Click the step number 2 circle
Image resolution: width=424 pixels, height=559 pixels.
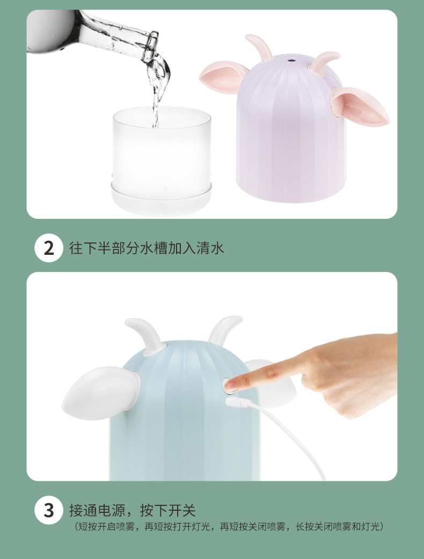(49, 248)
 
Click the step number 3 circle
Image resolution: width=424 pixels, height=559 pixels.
(49, 510)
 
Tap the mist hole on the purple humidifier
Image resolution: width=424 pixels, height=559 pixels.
(291, 60)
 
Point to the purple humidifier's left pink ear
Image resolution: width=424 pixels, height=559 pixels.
(223, 77)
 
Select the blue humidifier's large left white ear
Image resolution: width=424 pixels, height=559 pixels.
(100, 393)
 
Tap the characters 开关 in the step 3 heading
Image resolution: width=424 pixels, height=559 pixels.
(182, 510)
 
